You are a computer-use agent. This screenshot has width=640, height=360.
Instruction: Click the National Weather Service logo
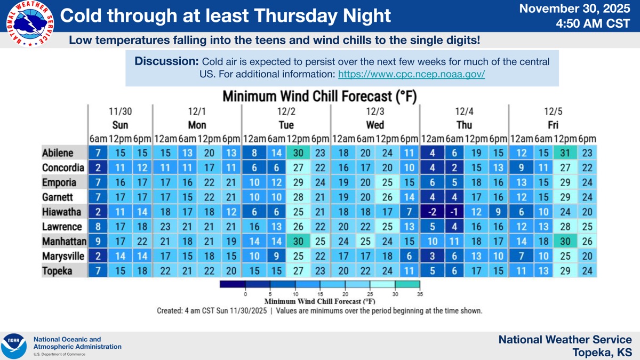point(30,24)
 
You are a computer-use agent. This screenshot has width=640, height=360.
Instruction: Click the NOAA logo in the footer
point(14,346)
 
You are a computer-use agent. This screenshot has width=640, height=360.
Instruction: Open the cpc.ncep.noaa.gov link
point(411,74)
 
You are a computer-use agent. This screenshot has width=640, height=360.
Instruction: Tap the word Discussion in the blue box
point(166,61)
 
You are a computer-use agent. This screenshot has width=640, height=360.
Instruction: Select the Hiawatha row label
point(61,212)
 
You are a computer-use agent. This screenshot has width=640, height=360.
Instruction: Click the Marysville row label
point(63,257)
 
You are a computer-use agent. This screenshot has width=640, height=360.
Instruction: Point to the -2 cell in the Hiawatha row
point(433,212)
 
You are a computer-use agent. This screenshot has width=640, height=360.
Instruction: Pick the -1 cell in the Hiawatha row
point(454,212)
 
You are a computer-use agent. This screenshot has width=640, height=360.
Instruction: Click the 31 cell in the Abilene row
point(565,153)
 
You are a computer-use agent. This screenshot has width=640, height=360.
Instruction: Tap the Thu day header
point(464,125)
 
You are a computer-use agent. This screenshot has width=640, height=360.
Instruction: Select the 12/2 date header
point(286,111)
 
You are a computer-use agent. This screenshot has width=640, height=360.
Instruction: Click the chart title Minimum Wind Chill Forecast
point(319,97)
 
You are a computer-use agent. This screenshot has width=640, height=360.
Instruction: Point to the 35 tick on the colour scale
point(420,294)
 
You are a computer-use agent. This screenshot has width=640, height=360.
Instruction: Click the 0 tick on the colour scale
point(245,294)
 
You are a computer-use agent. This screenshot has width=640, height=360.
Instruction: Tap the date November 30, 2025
point(574,9)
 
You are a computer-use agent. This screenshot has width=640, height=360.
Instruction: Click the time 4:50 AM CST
point(593,23)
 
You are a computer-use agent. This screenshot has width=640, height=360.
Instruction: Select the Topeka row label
point(57,271)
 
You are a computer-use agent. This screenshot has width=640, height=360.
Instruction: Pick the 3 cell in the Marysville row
point(433,257)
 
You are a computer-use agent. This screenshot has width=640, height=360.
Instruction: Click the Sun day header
point(120,125)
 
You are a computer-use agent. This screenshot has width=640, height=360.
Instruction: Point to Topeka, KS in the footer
point(602,353)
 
